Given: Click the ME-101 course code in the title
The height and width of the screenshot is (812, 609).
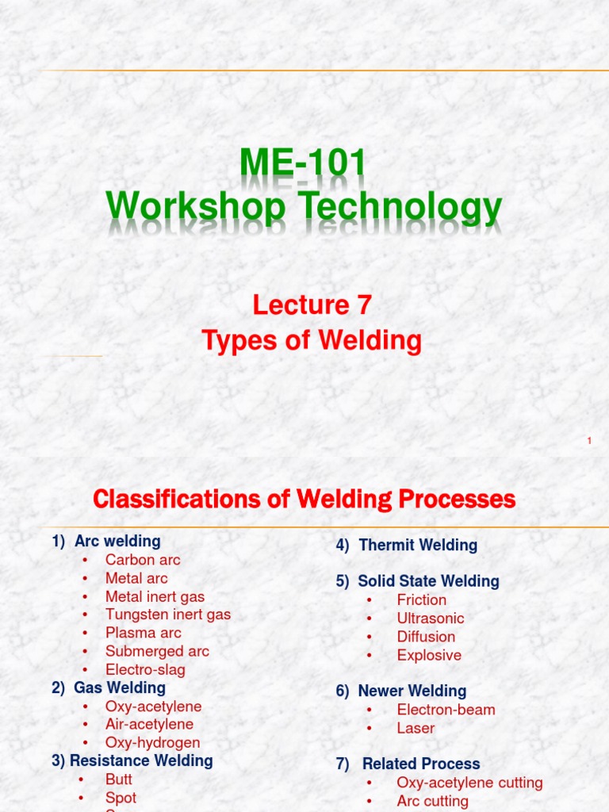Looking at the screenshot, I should click(x=304, y=164).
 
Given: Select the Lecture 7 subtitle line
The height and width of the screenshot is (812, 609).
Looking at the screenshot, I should click(x=312, y=304).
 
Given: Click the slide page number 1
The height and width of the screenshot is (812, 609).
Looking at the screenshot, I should click(x=590, y=440).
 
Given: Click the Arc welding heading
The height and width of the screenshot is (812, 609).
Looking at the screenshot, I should click(x=117, y=542).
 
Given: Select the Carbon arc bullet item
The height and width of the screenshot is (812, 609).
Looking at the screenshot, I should click(x=143, y=560).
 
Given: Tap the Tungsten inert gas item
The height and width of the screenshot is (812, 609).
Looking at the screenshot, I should click(x=168, y=615).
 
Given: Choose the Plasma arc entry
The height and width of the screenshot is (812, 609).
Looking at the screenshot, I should click(x=143, y=633).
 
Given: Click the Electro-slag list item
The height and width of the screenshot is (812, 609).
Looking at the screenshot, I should click(x=145, y=669).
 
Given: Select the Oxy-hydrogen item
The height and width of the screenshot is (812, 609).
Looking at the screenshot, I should click(x=152, y=743).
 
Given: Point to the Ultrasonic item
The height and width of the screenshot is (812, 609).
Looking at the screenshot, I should click(x=431, y=619).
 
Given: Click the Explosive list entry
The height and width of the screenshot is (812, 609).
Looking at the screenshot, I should click(x=429, y=655).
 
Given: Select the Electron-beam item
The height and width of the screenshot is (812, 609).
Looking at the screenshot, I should click(x=446, y=710).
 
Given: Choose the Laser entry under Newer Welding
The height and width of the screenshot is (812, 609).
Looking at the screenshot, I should click(x=416, y=728).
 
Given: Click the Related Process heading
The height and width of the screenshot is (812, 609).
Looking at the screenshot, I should click(x=421, y=764).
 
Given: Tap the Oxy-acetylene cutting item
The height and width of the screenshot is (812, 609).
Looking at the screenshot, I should click(x=469, y=783).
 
